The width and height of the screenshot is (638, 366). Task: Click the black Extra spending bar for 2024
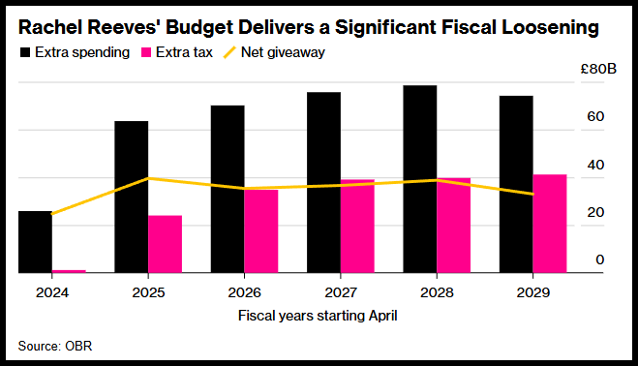(36, 242)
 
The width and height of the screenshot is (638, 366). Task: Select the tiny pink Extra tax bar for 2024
(69, 271)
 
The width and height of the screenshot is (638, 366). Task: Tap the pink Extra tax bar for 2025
(165, 244)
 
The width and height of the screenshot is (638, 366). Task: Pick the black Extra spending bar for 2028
(420, 179)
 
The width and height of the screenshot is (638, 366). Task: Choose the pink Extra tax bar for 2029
(550, 224)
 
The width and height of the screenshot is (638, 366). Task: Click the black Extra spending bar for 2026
(228, 189)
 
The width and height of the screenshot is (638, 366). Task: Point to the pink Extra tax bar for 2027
(357, 226)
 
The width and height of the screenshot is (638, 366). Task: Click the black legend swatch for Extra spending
(25, 52)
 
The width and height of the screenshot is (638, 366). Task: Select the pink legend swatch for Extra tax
(146, 52)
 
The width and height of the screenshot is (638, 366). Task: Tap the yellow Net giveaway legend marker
(229, 52)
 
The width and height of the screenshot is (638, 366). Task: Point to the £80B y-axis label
(598, 69)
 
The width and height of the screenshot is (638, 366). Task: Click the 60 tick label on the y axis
(595, 117)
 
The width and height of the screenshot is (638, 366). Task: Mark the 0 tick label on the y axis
(599, 259)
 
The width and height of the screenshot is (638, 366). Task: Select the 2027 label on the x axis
(341, 292)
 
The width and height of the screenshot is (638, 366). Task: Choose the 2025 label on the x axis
(148, 292)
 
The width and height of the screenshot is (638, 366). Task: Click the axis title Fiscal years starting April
(318, 316)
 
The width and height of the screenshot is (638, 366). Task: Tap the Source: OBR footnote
(55, 346)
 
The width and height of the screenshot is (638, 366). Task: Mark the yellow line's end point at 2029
(533, 195)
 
